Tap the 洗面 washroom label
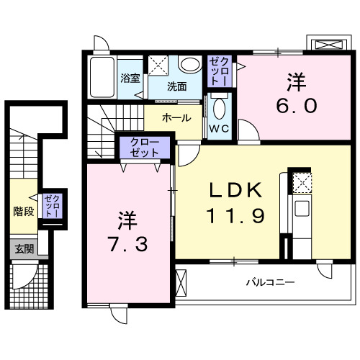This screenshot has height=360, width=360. tap(177, 86)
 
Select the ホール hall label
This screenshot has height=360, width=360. tap(176, 118)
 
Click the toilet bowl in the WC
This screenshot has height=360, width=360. tap(220, 109)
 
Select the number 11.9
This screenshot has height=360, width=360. tap(230, 214)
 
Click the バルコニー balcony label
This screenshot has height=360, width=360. tap(270, 283)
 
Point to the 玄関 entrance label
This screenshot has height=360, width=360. tap(24, 250)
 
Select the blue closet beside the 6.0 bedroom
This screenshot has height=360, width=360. tap(219, 71)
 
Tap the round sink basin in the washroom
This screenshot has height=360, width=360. tap(190, 66)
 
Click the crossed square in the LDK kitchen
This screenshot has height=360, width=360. tap(302, 182)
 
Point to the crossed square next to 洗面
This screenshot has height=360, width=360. tap(158, 65)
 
